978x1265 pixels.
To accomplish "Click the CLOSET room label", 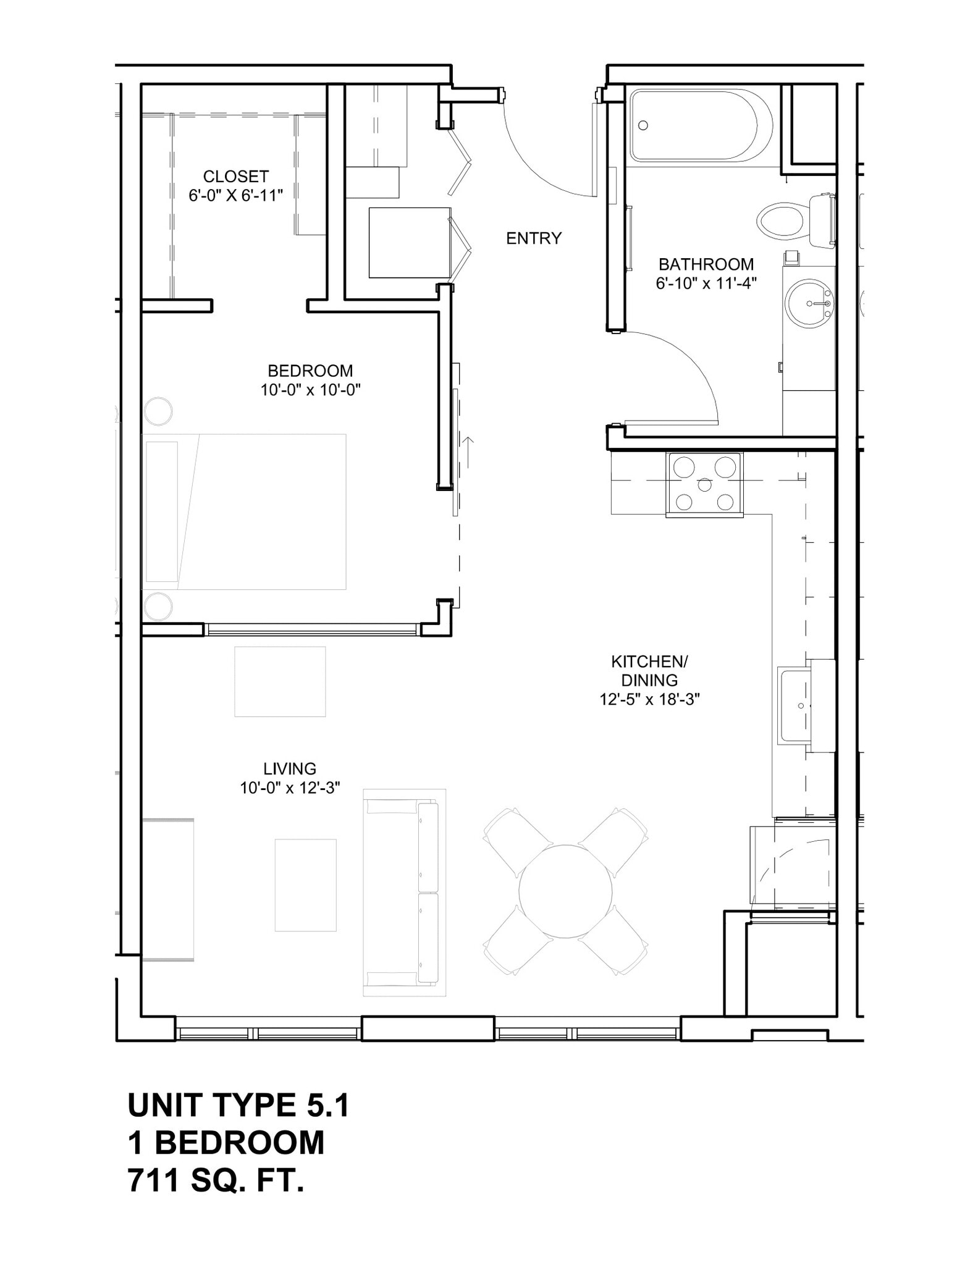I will click(235, 177).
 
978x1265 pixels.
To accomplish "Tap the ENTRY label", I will click(534, 238).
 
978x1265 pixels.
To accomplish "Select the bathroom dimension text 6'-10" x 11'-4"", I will click(706, 284).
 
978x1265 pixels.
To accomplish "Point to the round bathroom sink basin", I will click(809, 303).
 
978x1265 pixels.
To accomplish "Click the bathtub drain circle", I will click(643, 125).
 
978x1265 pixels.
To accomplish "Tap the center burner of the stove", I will click(705, 485).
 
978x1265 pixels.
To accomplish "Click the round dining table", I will click(565, 891).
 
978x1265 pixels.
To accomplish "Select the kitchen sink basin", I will click(795, 706).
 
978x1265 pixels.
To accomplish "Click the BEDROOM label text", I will click(310, 371).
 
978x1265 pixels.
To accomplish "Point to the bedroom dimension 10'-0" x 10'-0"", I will click(310, 390).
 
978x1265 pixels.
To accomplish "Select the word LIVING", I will click(290, 769).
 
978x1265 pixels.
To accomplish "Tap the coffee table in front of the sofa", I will click(305, 885).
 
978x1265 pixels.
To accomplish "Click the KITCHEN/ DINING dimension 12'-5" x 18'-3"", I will click(649, 700).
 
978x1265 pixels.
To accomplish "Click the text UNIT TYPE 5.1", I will click(238, 1105).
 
